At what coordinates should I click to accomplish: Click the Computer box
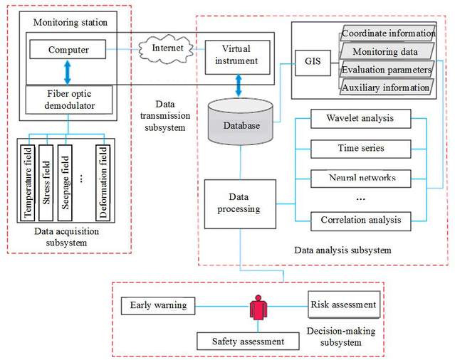(67, 51)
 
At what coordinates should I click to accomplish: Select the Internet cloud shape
(167, 48)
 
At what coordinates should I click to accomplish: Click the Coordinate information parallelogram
(387, 33)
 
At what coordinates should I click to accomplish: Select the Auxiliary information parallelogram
(387, 87)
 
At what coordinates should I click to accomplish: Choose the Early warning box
(159, 305)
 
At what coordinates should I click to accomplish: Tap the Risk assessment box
(342, 305)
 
